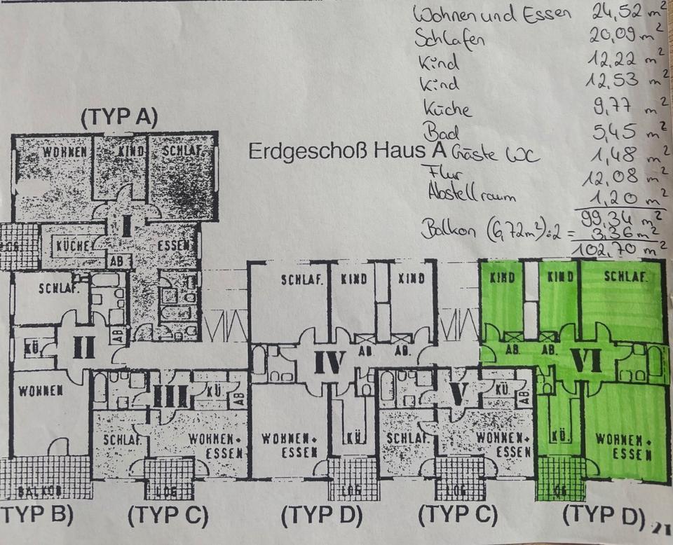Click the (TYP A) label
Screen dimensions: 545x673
(119, 118)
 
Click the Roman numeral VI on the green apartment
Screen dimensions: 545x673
(587, 359)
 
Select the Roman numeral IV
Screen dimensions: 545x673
(329, 363)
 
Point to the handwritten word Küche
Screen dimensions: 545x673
(447, 109)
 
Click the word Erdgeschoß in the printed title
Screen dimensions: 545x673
(295, 152)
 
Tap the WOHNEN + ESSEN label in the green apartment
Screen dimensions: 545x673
(621, 447)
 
